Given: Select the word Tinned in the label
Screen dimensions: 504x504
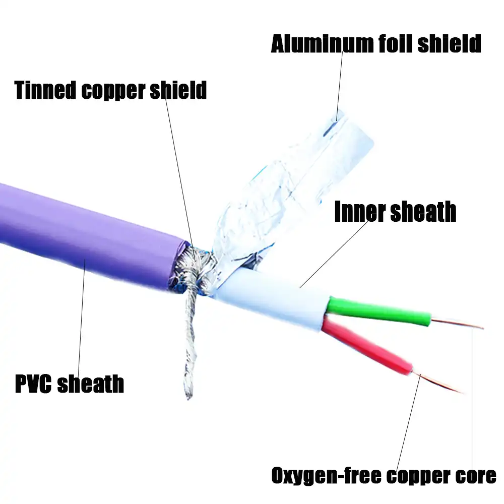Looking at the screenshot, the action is tap(46, 90).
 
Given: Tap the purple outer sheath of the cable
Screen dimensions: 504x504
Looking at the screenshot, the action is tap(86, 237).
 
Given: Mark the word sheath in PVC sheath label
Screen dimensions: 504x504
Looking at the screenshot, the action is tap(91, 384).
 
